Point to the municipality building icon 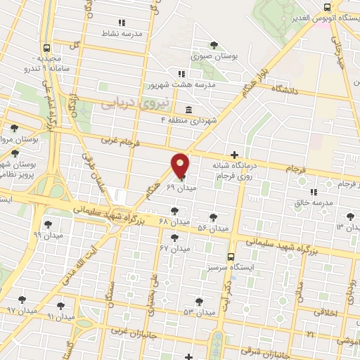(x=188, y=110)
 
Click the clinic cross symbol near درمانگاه (x=235, y=155)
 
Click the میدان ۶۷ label (x=175, y=248)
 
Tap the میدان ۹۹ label (x=47, y=235)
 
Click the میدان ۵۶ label (x=213, y=229)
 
